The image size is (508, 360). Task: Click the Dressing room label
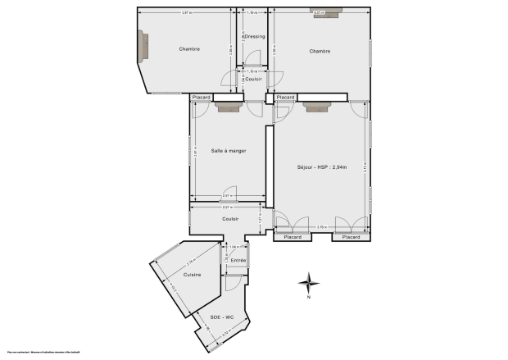click(254, 37)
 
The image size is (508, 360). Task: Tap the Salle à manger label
click(228, 151)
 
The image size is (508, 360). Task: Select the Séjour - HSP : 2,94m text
click(322, 167)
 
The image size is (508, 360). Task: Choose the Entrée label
click(238, 260)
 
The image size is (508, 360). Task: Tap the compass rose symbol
click(309, 283)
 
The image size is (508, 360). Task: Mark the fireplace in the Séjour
click(315, 105)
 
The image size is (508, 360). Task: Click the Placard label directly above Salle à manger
click(201, 98)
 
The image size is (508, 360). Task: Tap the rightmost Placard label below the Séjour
click(350, 237)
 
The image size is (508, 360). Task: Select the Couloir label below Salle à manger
click(231, 219)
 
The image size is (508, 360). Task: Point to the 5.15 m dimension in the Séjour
click(365, 166)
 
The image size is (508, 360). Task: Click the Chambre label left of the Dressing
click(189, 49)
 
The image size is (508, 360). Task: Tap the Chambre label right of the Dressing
click(320, 51)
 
